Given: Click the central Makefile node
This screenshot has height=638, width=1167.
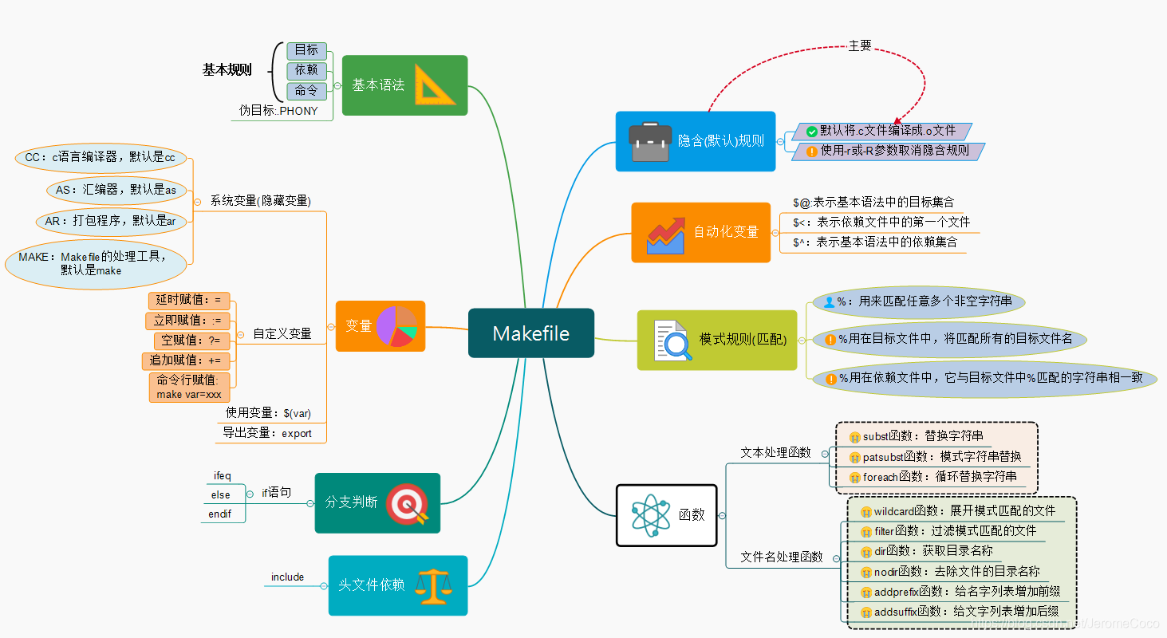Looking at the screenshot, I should [x=530, y=333].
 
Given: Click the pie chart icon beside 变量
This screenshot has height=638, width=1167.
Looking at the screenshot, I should [x=396, y=326].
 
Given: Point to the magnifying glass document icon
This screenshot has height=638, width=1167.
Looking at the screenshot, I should [x=671, y=341].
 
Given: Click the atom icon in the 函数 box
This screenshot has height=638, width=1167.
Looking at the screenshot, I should [x=651, y=514].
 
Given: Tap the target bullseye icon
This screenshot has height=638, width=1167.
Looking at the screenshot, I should [x=407, y=504].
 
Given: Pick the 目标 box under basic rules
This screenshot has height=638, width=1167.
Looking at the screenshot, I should [x=306, y=50].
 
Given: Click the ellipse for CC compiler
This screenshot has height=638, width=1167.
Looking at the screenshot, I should [x=100, y=158].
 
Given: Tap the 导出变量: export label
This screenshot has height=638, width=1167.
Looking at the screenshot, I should [x=268, y=434].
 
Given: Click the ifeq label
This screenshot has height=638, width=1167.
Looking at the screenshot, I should [x=222, y=475].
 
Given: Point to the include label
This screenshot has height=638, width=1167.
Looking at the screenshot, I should [x=287, y=577].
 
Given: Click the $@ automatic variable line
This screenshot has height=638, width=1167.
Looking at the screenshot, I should [x=873, y=203].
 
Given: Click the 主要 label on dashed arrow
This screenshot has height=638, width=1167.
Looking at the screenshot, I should [x=859, y=46].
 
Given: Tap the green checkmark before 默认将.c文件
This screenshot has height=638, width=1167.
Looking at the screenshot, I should [x=812, y=132].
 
